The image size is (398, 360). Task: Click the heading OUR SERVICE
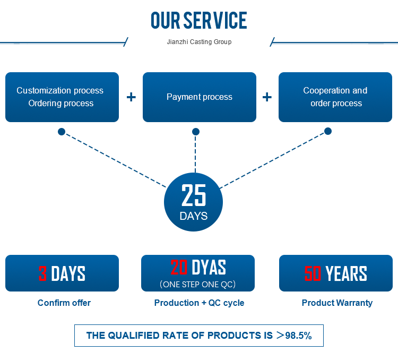tap(199, 21)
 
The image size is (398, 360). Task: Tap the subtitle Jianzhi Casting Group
tap(199, 41)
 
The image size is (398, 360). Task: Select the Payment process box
tap(200, 97)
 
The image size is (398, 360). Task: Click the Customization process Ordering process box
tap(62, 97)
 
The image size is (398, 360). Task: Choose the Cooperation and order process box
tap(335, 97)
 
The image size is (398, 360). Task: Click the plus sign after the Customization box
tap(131, 97)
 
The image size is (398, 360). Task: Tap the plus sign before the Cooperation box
tap(267, 97)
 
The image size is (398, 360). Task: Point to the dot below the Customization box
tap(62, 132)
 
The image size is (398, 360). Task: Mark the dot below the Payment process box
tap(196, 131)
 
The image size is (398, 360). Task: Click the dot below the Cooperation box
tap(328, 131)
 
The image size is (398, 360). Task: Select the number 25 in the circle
tap(194, 196)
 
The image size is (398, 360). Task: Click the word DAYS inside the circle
tap(194, 216)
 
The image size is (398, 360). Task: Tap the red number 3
tap(43, 274)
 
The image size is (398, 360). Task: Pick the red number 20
tap(179, 267)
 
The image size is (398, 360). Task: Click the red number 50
tap(313, 274)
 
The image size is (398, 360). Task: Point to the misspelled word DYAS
tap(209, 267)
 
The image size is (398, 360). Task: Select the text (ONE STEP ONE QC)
tap(197, 284)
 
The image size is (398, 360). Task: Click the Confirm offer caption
tap(64, 303)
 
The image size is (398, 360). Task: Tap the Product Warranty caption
tap(337, 303)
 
